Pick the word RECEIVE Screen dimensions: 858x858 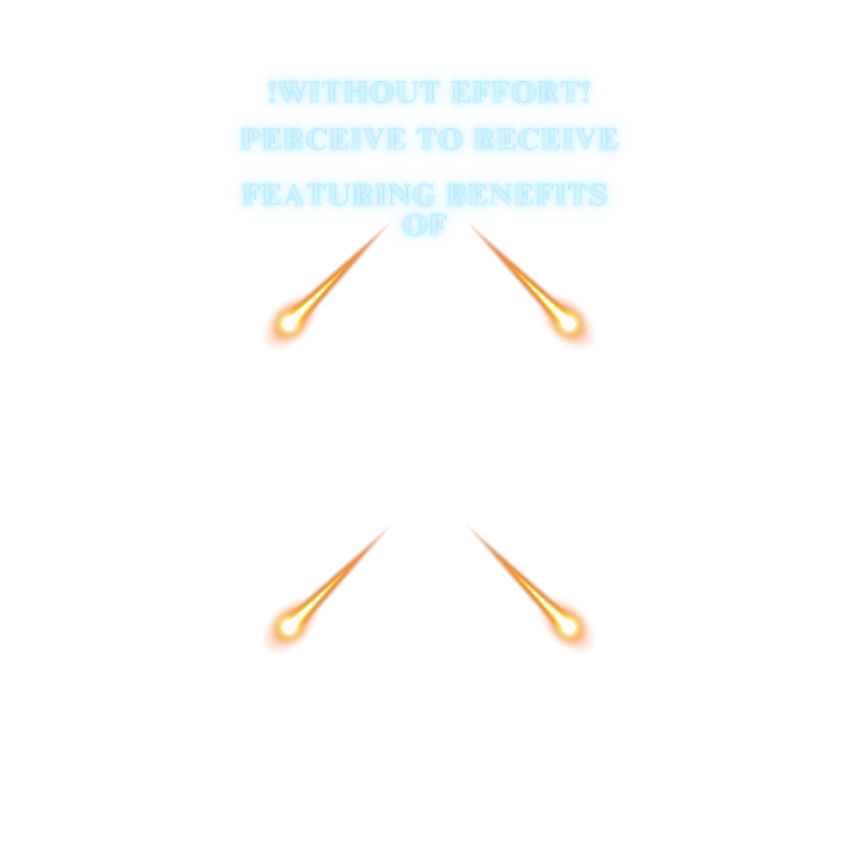click(x=546, y=139)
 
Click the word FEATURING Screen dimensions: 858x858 click(x=339, y=195)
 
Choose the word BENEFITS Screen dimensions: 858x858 click(x=528, y=195)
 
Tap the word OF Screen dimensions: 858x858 click(x=425, y=225)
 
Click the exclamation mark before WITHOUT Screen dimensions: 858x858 click(x=272, y=92)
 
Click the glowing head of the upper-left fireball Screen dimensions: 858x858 click(x=290, y=322)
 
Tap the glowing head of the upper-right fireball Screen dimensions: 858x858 click(x=567, y=323)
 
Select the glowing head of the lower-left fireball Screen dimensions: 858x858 click(x=290, y=625)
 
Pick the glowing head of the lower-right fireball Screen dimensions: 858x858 click(x=567, y=626)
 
